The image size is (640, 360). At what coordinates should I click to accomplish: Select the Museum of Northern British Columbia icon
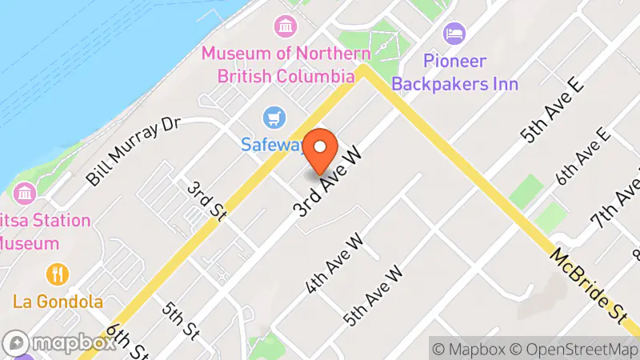[x=284, y=26]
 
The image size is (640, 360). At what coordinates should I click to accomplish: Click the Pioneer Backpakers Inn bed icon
[x=453, y=34]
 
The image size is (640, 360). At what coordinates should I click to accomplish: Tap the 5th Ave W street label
[x=374, y=295]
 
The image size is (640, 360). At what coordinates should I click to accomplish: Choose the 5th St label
[x=179, y=318]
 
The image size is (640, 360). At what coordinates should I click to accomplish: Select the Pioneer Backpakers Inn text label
[x=471, y=72]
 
